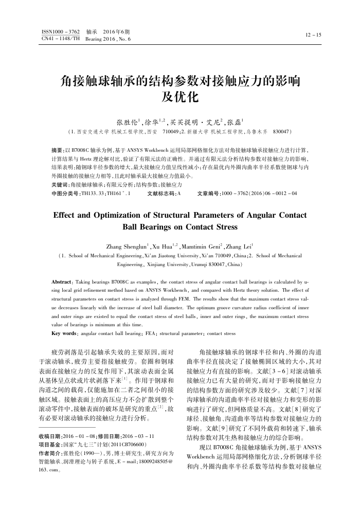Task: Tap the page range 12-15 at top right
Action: coord(313,35)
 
